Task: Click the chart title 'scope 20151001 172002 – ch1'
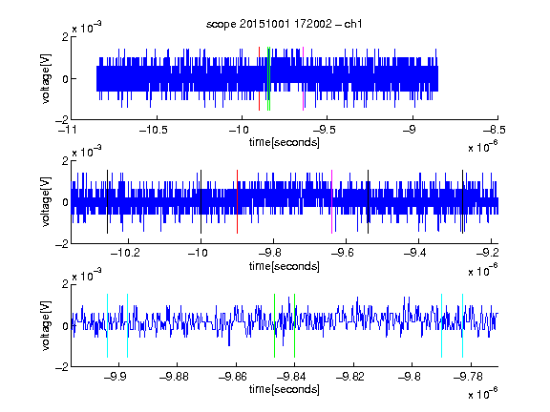click(x=284, y=24)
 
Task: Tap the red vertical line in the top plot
click(x=259, y=78)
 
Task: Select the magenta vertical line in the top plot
click(x=303, y=78)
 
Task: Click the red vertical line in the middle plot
click(x=237, y=201)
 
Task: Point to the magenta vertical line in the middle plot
click(x=332, y=201)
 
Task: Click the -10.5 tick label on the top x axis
click(x=154, y=130)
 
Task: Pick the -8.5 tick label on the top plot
click(x=494, y=130)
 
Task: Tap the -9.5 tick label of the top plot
click(x=324, y=130)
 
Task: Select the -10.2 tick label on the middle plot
click(x=125, y=253)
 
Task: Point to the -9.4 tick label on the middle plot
click(x=414, y=253)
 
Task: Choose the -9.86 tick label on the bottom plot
click(x=233, y=377)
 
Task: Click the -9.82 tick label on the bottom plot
click(x=350, y=377)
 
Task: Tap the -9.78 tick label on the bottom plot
click(x=468, y=377)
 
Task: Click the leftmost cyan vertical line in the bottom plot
click(x=107, y=325)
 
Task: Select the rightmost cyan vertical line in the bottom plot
click(x=463, y=325)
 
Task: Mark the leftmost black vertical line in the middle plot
click(x=107, y=201)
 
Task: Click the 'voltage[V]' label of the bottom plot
click(x=46, y=325)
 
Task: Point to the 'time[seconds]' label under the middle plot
click(x=285, y=266)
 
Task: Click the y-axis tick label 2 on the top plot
click(x=65, y=36)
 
